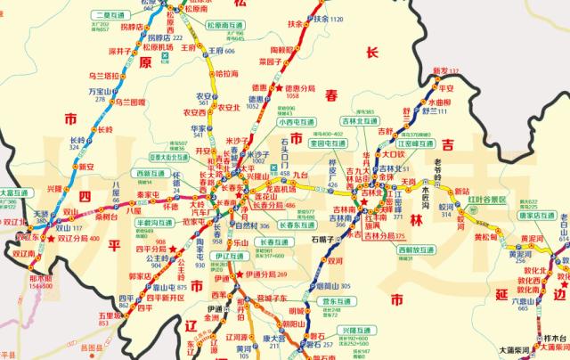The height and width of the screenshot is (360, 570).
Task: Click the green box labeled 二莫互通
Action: coord(108,15)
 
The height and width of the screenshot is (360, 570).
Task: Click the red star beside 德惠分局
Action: coord(278,90)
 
